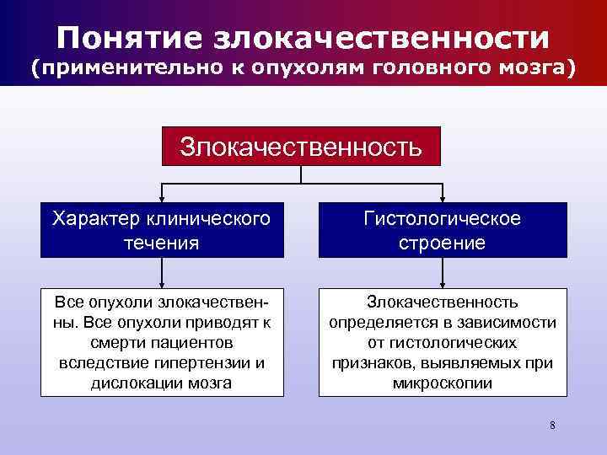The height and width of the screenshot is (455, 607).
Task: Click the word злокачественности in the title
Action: click(x=383, y=37)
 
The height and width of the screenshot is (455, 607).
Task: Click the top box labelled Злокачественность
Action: click(x=301, y=147)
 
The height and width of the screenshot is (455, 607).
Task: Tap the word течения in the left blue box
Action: click(x=160, y=244)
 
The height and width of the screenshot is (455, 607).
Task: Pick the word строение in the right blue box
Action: click(x=442, y=244)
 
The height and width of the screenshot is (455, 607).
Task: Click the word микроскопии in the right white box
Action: click(x=443, y=383)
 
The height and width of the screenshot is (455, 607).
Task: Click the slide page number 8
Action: click(x=552, y=425)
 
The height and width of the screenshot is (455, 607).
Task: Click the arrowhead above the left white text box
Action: click(x=161, y=284)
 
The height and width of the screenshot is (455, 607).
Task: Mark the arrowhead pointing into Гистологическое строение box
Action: click(x=443, y=201)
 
